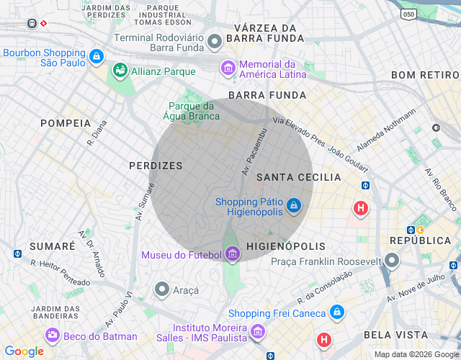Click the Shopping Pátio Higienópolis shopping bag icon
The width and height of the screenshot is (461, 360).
(x=293, y=207)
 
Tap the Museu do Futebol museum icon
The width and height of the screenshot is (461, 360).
(x=232, y=254)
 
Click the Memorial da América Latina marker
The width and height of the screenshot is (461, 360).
(x=228, y=68)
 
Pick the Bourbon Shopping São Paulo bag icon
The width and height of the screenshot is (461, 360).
(x=96, y=55)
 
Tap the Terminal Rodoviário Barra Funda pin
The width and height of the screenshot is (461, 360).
(x=214, y=42)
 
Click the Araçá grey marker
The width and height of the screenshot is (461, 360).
(x=162, y=290)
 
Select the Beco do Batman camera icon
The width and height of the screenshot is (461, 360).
(x=52, y=336)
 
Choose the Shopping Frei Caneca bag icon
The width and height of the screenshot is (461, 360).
(x=336, y=312)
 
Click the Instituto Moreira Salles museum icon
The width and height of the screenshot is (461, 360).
(x=258, y=331)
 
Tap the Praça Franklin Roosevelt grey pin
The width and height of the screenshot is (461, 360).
(x=392, y=260)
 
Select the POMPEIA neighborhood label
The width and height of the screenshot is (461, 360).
(x=66, y=123)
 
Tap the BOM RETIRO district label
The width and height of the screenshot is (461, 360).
(x=425, y=75)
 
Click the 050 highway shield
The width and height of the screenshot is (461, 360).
(x=409, y=14)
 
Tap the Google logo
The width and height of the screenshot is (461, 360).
(x=24, y=351)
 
